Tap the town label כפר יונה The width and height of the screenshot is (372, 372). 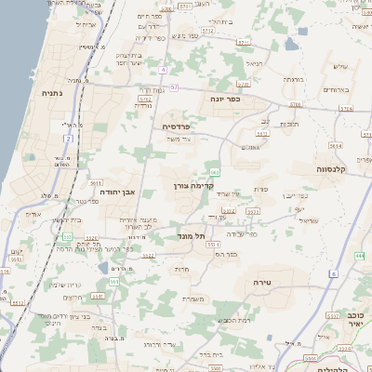pos(221,100)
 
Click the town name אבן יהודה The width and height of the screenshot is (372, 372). pos(116,193)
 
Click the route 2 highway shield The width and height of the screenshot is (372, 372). pos(67,139)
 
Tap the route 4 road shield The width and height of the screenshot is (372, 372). pos(164,70)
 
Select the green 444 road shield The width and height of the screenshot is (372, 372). pos(359,254)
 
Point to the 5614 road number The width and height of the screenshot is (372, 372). pos(335,146)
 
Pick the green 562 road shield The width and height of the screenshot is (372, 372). pos(215,172)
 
